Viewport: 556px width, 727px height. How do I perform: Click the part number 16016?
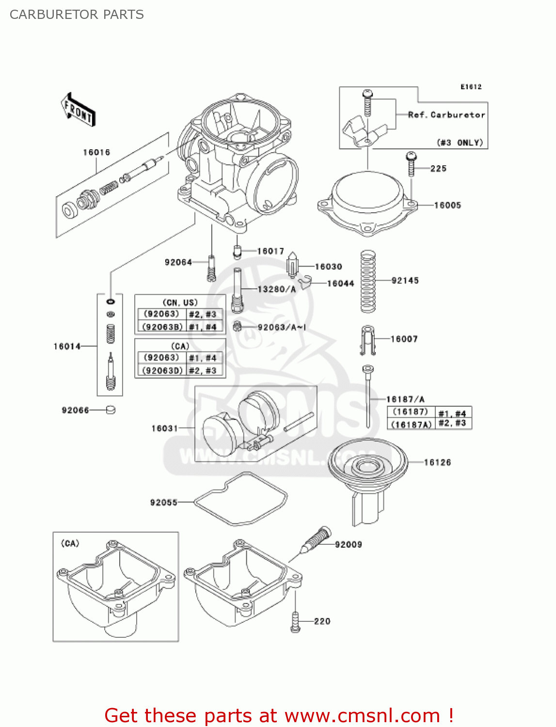[96, 152]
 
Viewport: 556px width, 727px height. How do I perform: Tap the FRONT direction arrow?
[78, 110]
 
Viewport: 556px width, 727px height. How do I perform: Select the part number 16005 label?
[447, 205]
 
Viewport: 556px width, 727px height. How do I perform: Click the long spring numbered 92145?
[368, 281]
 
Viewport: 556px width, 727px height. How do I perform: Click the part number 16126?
[437, 462]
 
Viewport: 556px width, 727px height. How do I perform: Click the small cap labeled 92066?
[111, 410]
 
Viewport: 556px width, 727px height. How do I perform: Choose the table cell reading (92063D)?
[162, 370]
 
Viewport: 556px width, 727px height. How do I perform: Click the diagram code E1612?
[471, 87]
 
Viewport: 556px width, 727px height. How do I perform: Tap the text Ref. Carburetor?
[446, 115]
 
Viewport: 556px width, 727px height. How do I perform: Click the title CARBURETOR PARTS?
[77, 15]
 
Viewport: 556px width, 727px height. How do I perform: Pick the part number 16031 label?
[165, 428]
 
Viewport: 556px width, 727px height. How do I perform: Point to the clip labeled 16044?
[304, 282]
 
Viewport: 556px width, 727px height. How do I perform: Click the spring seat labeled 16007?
[368, 339]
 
